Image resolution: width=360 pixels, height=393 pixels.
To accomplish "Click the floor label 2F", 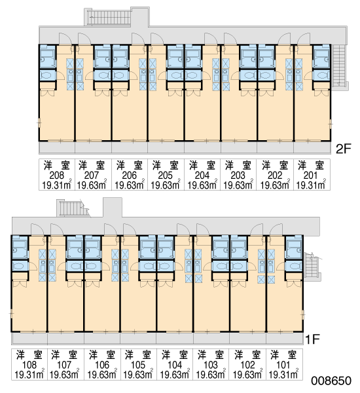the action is pos(344,149).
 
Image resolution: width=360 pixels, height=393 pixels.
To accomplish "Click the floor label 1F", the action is pos(312,339).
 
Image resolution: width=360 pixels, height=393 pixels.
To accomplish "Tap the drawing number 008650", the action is pos(331,381).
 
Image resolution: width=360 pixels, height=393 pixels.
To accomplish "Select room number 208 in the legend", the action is pos(56,175).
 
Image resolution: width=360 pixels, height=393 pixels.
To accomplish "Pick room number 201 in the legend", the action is pos(310,175).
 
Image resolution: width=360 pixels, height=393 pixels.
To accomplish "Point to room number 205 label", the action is pos(166,175).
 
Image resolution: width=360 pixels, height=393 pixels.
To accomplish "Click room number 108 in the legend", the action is pos(29,365).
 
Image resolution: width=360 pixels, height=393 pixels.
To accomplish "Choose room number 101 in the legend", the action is pos(283,365).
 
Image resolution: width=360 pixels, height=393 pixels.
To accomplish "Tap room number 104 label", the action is pos(175,365).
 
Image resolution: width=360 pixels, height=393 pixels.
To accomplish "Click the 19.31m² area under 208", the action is pos(57,185).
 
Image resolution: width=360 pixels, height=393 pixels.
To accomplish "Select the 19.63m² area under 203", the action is pos(238,185).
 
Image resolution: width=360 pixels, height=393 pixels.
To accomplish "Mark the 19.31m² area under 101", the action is pos(283,374).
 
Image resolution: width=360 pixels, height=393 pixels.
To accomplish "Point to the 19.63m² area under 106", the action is pos(102,374).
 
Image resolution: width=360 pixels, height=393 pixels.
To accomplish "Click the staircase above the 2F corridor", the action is pos(109,17).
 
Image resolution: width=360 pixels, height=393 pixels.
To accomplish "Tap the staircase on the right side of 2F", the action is pos(339,65).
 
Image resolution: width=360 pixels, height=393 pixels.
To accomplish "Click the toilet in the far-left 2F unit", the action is pos(48,75).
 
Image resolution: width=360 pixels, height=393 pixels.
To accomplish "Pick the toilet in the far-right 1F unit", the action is pos(294,266).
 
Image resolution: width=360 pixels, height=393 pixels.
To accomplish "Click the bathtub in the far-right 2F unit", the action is pos(321,56).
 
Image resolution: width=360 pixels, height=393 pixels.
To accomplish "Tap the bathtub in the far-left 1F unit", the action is pos(20,247).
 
